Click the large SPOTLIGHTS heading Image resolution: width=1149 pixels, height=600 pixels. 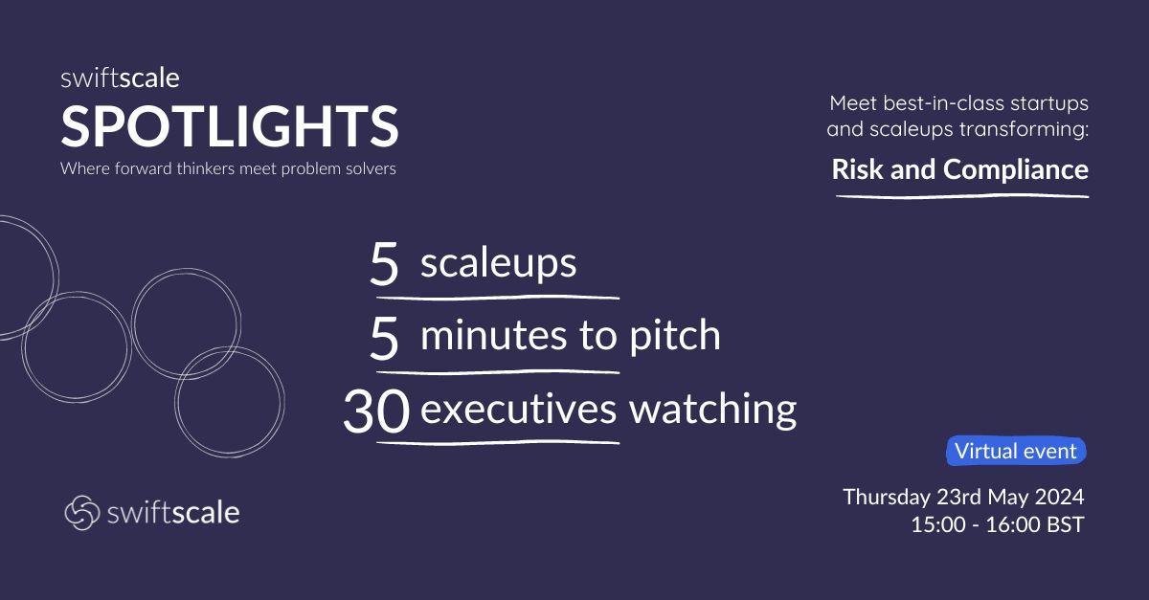coord(229,126)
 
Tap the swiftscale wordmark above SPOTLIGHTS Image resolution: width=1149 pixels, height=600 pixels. coord(120,80)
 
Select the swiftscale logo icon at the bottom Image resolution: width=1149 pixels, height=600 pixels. coord(81,512)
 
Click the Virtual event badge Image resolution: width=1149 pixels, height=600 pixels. coord(1016,451)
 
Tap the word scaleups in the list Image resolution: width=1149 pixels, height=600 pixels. coord(498,263)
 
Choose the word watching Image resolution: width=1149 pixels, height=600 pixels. coord(712,410)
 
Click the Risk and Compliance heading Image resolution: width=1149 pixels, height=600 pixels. coord(959,169)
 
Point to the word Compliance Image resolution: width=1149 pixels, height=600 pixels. coord(1016,169)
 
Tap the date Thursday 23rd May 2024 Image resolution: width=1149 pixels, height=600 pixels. coord(963,498)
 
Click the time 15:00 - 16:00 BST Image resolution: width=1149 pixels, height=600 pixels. coord(999,525)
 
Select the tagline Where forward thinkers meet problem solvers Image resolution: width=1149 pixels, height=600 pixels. coord(228,169)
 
